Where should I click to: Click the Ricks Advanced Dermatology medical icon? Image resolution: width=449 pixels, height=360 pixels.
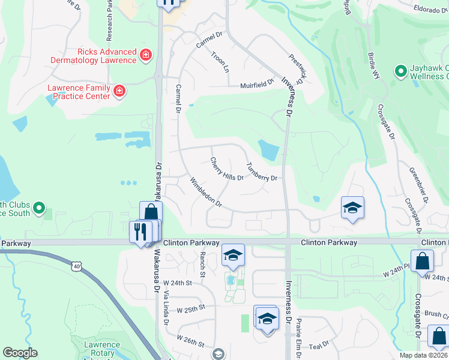tap(145, 56)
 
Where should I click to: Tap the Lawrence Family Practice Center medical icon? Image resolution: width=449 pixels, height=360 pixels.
tap(119, 91)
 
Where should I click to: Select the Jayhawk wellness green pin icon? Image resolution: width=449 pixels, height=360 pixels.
tap(401, 71)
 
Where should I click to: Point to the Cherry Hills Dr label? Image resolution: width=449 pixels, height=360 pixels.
tap(227, 169)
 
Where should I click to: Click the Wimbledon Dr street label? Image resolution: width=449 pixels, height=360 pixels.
tap(206, 193)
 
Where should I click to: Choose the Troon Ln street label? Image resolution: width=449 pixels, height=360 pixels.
tap(220, 62)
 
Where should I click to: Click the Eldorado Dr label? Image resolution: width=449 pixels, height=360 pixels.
tap(432, 9)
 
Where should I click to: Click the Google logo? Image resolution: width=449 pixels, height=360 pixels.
tap(20, 353)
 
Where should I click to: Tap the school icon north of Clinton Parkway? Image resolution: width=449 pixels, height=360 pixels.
tap(353, 208)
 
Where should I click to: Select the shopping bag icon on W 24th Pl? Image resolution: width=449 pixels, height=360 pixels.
tap(423, 262)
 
